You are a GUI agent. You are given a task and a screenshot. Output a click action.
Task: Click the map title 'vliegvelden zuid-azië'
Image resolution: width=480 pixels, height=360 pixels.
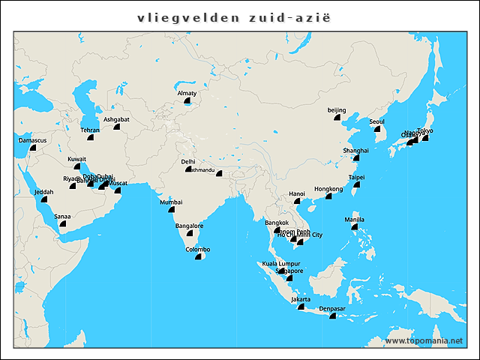[x=240, y=16]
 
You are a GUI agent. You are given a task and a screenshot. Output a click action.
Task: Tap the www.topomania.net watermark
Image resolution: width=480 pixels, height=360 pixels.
[x=423, y=340]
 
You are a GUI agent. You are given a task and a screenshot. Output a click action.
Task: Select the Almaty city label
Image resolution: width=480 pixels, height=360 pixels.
[x=187, y=93]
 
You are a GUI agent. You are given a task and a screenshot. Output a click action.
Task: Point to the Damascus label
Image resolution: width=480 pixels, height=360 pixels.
[x=33, y=140]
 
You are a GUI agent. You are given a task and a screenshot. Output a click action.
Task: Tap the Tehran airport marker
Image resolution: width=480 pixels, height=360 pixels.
[x=90, y=137]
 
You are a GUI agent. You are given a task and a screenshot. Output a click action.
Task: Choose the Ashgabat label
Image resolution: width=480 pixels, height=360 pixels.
[x=116, y=119]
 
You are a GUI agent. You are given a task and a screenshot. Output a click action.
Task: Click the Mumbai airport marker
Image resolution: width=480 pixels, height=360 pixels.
[x=170, y=211]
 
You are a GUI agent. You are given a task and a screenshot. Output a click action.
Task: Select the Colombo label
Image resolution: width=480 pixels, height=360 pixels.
[x=198, y=249]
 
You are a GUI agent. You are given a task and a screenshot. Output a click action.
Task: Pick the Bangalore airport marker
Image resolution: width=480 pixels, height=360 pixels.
[x=189, y=233]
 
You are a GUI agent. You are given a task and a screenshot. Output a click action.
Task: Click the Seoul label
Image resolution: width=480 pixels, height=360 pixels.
[x=377, y=121]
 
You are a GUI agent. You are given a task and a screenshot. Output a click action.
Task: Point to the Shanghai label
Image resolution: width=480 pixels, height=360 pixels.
[x=356, y=150]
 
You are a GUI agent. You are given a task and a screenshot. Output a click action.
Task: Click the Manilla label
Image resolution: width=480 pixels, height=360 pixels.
[x=355, y=219]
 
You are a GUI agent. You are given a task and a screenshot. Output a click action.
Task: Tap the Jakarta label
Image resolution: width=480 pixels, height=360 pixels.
[x=301, y=299]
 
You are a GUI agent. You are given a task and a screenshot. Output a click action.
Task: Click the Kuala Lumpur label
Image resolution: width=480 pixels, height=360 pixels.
[x=280, y=263]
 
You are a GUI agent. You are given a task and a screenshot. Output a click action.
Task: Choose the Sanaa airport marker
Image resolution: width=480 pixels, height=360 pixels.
[x=62, y=223]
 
